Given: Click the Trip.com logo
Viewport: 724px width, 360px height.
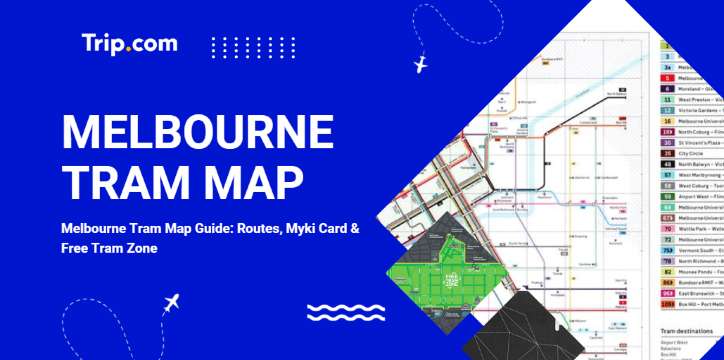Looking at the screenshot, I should pyautogui.click(x=131, y=43).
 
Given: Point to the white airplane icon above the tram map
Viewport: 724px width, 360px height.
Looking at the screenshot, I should pyautogui.click(x=420, y=65).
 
